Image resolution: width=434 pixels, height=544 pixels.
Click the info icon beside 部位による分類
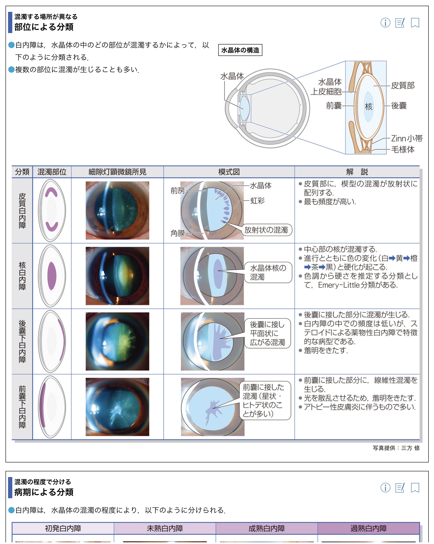click(385, 23)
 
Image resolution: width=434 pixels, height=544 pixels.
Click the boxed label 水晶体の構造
click(240, 50)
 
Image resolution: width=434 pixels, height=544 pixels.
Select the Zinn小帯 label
click(406, 138)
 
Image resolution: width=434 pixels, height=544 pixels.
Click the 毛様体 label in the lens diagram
click(403, 149)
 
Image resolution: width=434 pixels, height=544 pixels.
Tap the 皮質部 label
click(403, 86)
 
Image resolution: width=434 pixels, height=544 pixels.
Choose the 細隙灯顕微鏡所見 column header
click(117, 172)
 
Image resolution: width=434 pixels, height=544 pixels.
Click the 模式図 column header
click(229, 172)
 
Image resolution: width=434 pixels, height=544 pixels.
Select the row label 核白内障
click(22, 276)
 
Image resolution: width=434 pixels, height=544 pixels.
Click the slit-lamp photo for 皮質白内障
click(117, 210)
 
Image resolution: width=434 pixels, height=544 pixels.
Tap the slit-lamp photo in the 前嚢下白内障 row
click(117, 407)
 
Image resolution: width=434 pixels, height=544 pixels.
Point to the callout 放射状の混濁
click(266, 230)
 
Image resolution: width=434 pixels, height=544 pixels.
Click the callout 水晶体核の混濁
click(268, 272)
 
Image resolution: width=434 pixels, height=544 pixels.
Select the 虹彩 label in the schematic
click(257, 201)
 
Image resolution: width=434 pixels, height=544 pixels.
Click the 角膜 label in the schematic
click(178, 233)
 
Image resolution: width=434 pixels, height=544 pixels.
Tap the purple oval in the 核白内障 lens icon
click(52, 276)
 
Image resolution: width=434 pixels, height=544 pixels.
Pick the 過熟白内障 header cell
click(368, 528)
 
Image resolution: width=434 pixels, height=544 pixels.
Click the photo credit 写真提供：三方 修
click(396, 448)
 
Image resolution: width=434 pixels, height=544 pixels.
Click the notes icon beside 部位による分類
click(400, 23)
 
